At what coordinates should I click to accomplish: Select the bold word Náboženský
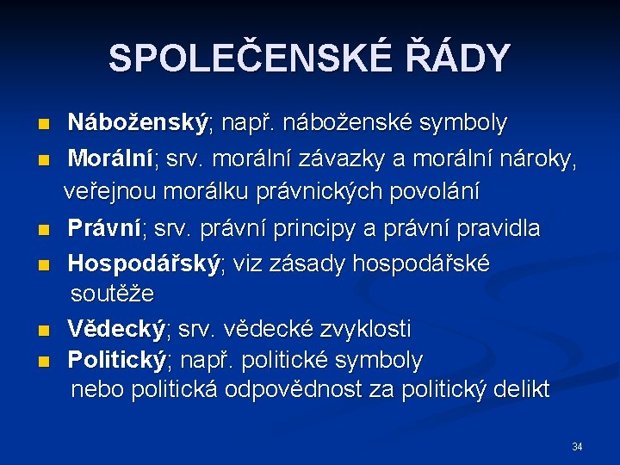click(x=139, y=123)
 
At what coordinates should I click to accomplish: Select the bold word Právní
click(x=105, y=229)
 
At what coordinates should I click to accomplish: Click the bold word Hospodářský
click(x=144, y=263)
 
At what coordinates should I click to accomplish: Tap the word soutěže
click(x=112, y=294)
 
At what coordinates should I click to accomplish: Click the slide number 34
click(x=577, y=447)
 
